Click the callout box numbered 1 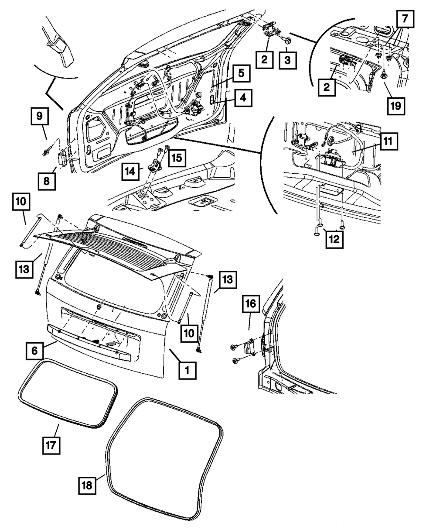pyautogui.click(x=187, y=371)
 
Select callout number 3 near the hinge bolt pyautogui.click(x=287, y=60)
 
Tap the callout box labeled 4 pyautogui.click(x=243, y=98)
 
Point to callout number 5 pyautogui.click(x=241, y=73)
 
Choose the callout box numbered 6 pyautogui.click(x=34, y=351)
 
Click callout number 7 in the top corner pyautogui.click(x=405, y=19)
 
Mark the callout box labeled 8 pyautogui.click(x=47, y=182)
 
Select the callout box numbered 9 pyautogui.click(x=40, y=116)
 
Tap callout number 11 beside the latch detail pyautogui.click(x=388, y=141)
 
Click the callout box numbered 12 pyautogui.click(x=334, y=239)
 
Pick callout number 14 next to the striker pyautogui.click(x=130, y=172)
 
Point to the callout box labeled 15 pyautogui.click(x=177, y=158)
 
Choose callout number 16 pyautogui.click(x=251, y=303)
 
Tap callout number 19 pyautogui.click(x=396, y=106)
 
